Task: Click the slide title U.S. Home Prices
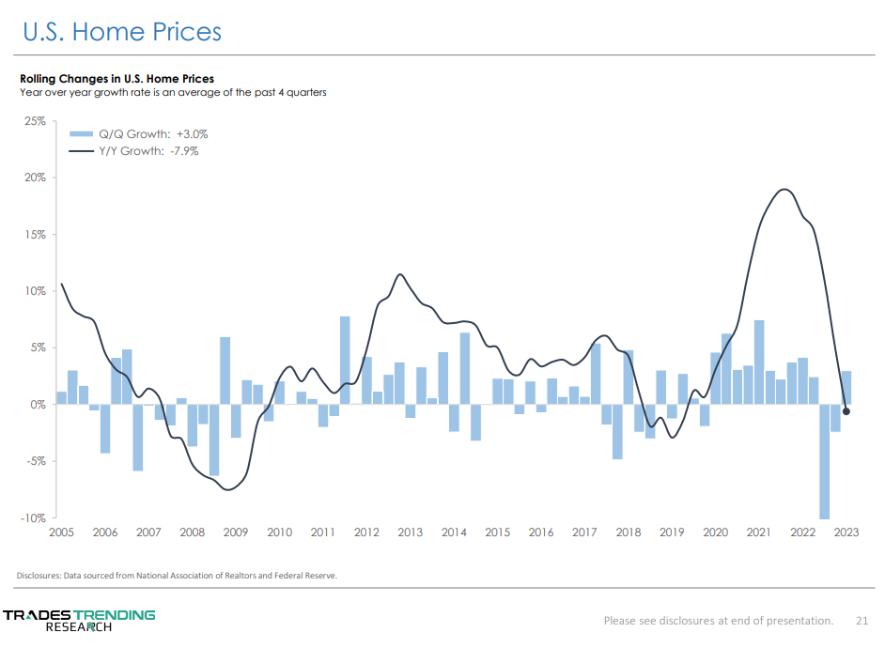pyautogui.click(x=122, y=32)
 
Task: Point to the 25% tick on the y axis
pyautogui.click(x=35, y=121)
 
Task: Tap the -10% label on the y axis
pyautogui.click(x=33, y=517)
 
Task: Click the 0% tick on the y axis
pyautogui.click(x=39, y=405)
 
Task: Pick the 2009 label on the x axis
pyautogui.click(x=235, y=532)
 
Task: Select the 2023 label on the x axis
pyautogui.click(x=846, y=532)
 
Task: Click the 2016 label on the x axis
pyautogui.click(x=541, y=532)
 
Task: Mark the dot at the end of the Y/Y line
pyautogui.click(x=846, y=410)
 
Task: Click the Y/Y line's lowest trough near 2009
pyautogui.click(x=228, y=489)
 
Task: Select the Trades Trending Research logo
pyautogui.click(x=79, y=620)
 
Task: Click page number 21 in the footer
pyautogui.click(x=862, y=620)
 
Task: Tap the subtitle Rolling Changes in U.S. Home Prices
pyautogui.click(x=116, y=79)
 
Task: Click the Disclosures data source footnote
pyautogui.click(x=177, y=576)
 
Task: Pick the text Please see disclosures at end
pyautogui.click(x=718, y=620)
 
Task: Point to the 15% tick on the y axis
pyautogui.click(x=35, y=235)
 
